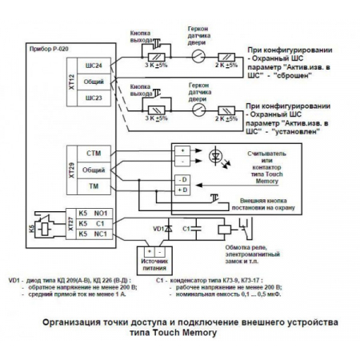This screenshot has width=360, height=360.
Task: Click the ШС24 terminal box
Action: click(x=94, y=66)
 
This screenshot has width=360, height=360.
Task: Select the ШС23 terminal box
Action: click(x=94, y=98)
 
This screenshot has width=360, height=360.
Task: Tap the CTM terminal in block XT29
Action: click(x=93, y=152)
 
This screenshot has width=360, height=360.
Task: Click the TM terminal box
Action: click(x=93, y=185)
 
